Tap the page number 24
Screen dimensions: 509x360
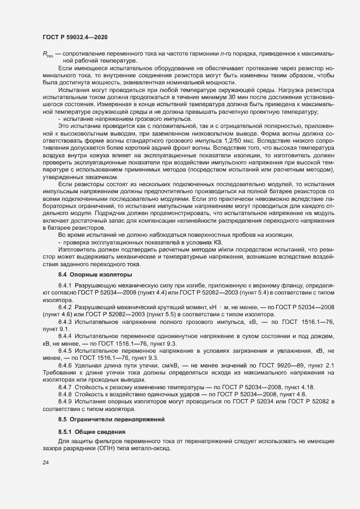click(46, 463)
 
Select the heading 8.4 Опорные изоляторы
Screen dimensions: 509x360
click(87, 274)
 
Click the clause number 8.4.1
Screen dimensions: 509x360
click(65, 286)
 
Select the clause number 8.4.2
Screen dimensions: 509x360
click(65, 307)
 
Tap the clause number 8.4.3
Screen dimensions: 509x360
click(65, 322)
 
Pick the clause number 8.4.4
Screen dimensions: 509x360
click(65, 338)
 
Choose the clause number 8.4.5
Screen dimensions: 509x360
click(65, 352)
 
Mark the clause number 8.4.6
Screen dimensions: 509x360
click(65, 367)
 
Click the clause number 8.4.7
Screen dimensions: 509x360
click(65, 386)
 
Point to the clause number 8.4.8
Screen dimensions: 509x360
click(65, 394)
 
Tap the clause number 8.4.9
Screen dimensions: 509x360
click(65, 401)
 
